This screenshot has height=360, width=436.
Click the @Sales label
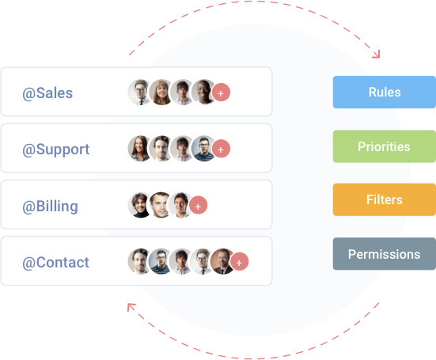[47, 93]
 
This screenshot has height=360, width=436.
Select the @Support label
[55, 149]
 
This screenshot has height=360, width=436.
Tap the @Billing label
[50, 206]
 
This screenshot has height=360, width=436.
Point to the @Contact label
[55, 262]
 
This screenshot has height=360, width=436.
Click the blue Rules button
[384, 92]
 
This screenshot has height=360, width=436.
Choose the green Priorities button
[384, 146]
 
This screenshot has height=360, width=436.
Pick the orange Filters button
[384, 199]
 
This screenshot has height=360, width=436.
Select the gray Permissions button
[384, 254]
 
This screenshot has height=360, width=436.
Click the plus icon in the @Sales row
[222, 93]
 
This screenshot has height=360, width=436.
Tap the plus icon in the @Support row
[222, 149]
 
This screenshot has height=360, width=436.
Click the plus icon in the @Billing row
[199, 206]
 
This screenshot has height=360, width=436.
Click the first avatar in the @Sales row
[140, 93]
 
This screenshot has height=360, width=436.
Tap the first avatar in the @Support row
[140, 149]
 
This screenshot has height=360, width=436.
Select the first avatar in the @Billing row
[140, 206]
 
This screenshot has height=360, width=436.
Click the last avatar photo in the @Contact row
[223, 262]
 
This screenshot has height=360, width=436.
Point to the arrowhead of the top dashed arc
[377, 55]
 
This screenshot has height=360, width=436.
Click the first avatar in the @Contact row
[140, 262]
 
